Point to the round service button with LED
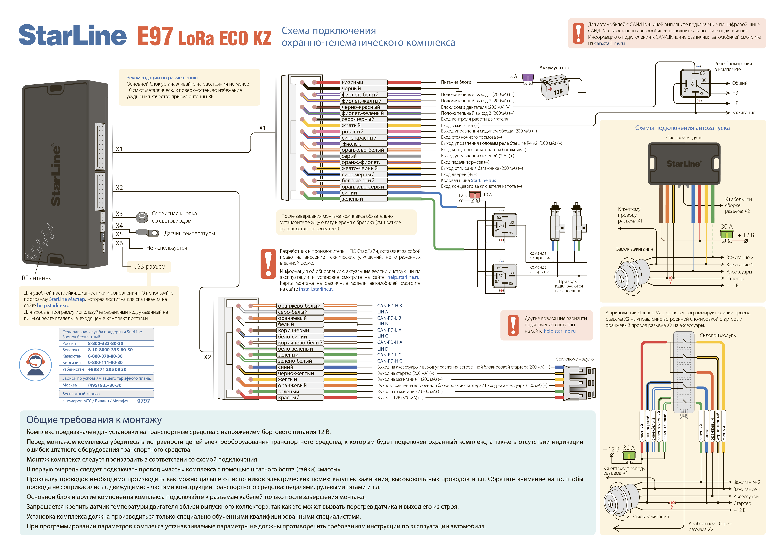pos(142,216)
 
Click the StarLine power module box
pos(684,163)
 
